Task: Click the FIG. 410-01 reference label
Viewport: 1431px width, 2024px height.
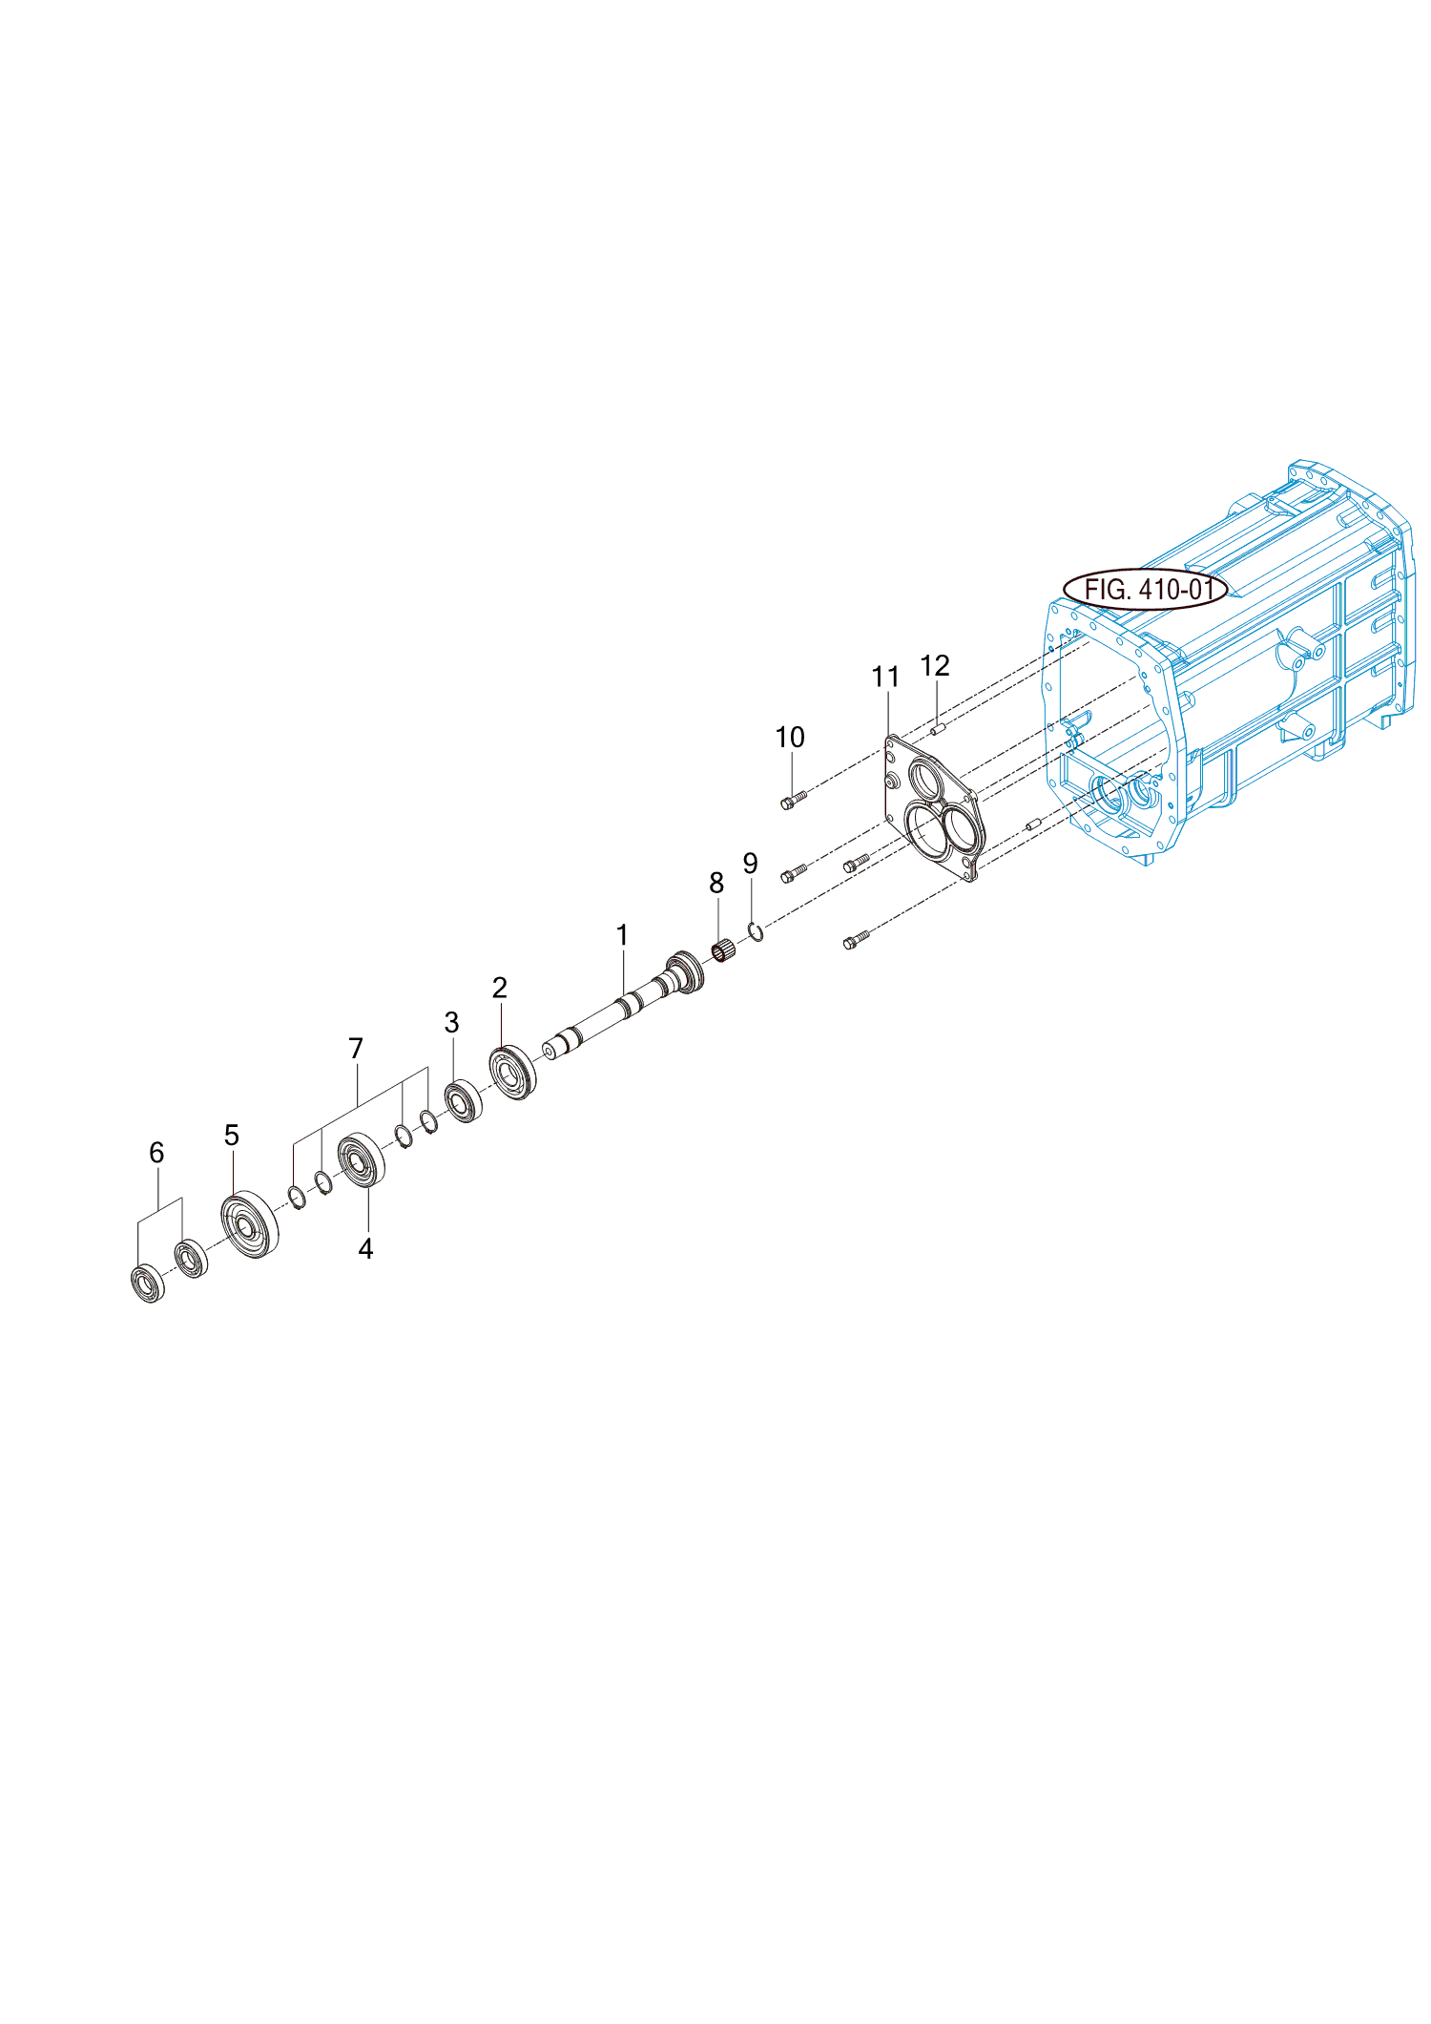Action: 1146,590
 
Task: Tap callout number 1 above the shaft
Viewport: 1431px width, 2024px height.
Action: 622,935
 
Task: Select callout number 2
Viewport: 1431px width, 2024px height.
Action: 499,988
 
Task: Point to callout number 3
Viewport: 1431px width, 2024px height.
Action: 451,1023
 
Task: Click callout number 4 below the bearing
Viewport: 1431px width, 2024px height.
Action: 365,1249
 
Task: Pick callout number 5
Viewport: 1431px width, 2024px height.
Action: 232,1135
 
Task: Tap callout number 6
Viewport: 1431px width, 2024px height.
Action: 156,1153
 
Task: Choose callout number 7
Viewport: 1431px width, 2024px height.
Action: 356,1049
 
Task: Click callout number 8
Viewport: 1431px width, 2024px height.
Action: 716,884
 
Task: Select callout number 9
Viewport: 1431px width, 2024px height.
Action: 751,864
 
